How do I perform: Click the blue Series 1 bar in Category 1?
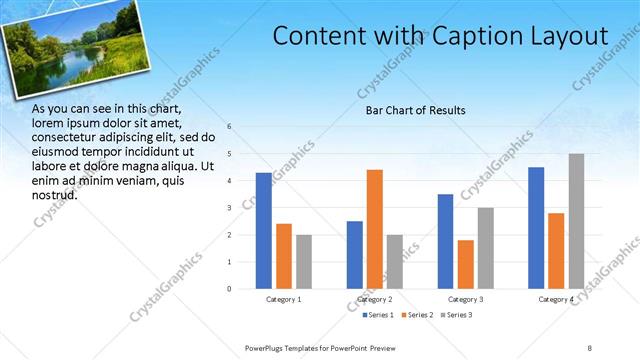point(264,231)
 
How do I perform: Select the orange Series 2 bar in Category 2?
point(375,229)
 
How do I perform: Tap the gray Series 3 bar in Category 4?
point(576,221)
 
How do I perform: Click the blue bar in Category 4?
point(536,228)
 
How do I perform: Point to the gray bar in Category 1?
point(304,262)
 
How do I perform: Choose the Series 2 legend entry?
point(417,315)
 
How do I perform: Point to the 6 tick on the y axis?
point(230,127)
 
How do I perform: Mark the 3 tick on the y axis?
point(230,208)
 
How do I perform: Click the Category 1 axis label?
point(284,299)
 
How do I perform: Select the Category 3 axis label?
point(466,299)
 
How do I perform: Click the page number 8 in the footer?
point(590,346)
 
